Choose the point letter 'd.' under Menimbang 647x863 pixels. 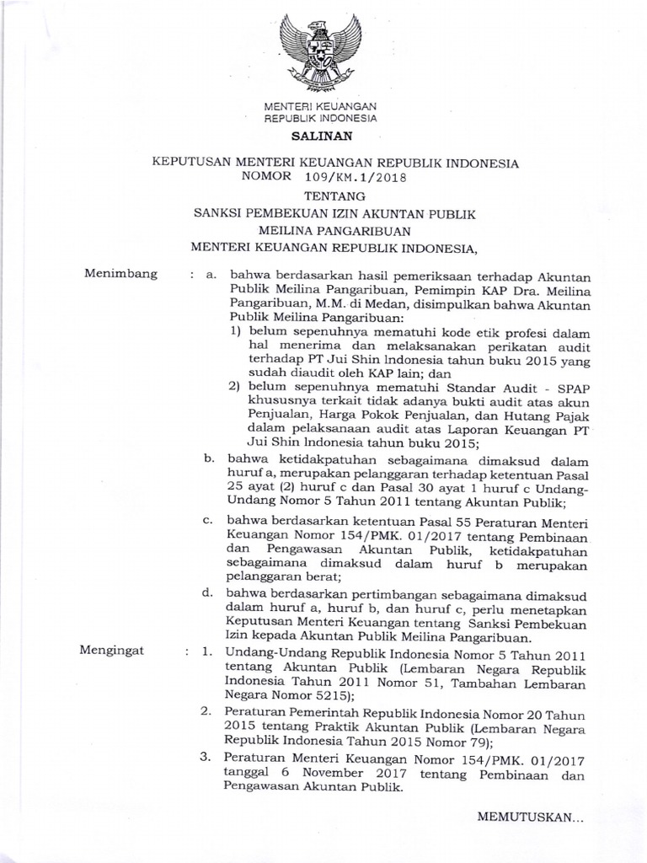pyautogui.click(x=208, y=593)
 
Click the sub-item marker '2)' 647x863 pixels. pyautogui.click(x=235, y=387)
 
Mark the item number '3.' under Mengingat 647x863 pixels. pyautogui.click(x=205, y=757)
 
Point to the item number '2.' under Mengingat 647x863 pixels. pyautogui.click(x=205, y=711)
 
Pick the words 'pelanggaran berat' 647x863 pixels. pyautogui.click(x=282, y=578)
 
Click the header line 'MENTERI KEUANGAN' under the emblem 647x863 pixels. pyautogui.click(x=320, y=106)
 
